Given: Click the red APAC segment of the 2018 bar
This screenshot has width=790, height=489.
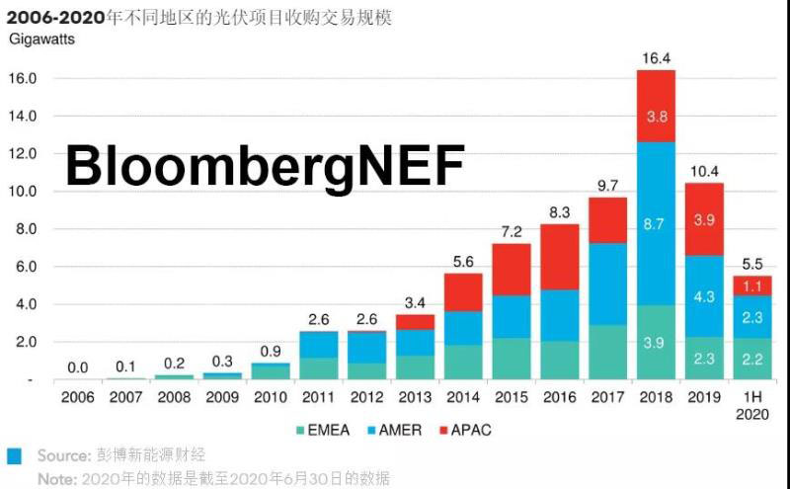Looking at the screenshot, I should pyautogui.click(x=656, y=106).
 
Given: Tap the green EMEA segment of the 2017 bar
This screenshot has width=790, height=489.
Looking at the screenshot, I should pyautogui.click(x=607, y=352).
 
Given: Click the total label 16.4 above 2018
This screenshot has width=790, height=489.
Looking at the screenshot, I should pyautogui.click(x=656, y=57).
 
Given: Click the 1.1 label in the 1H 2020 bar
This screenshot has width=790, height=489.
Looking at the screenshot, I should pyautogui.click(x=752, y=285).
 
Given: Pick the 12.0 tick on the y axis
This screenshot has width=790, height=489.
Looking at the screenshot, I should pyautogui.click(x=22, y=153).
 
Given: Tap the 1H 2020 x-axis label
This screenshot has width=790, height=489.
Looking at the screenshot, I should pyautogui.click(x=752, y=405).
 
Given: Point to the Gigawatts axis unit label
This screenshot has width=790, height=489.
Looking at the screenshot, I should pyautogui.click(x=41, y=40).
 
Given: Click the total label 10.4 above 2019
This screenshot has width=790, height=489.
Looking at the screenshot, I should pyautogui.click(x=704, y=170).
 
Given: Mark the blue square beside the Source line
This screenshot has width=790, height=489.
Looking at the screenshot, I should pyautogui.click(x=14, y=456).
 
